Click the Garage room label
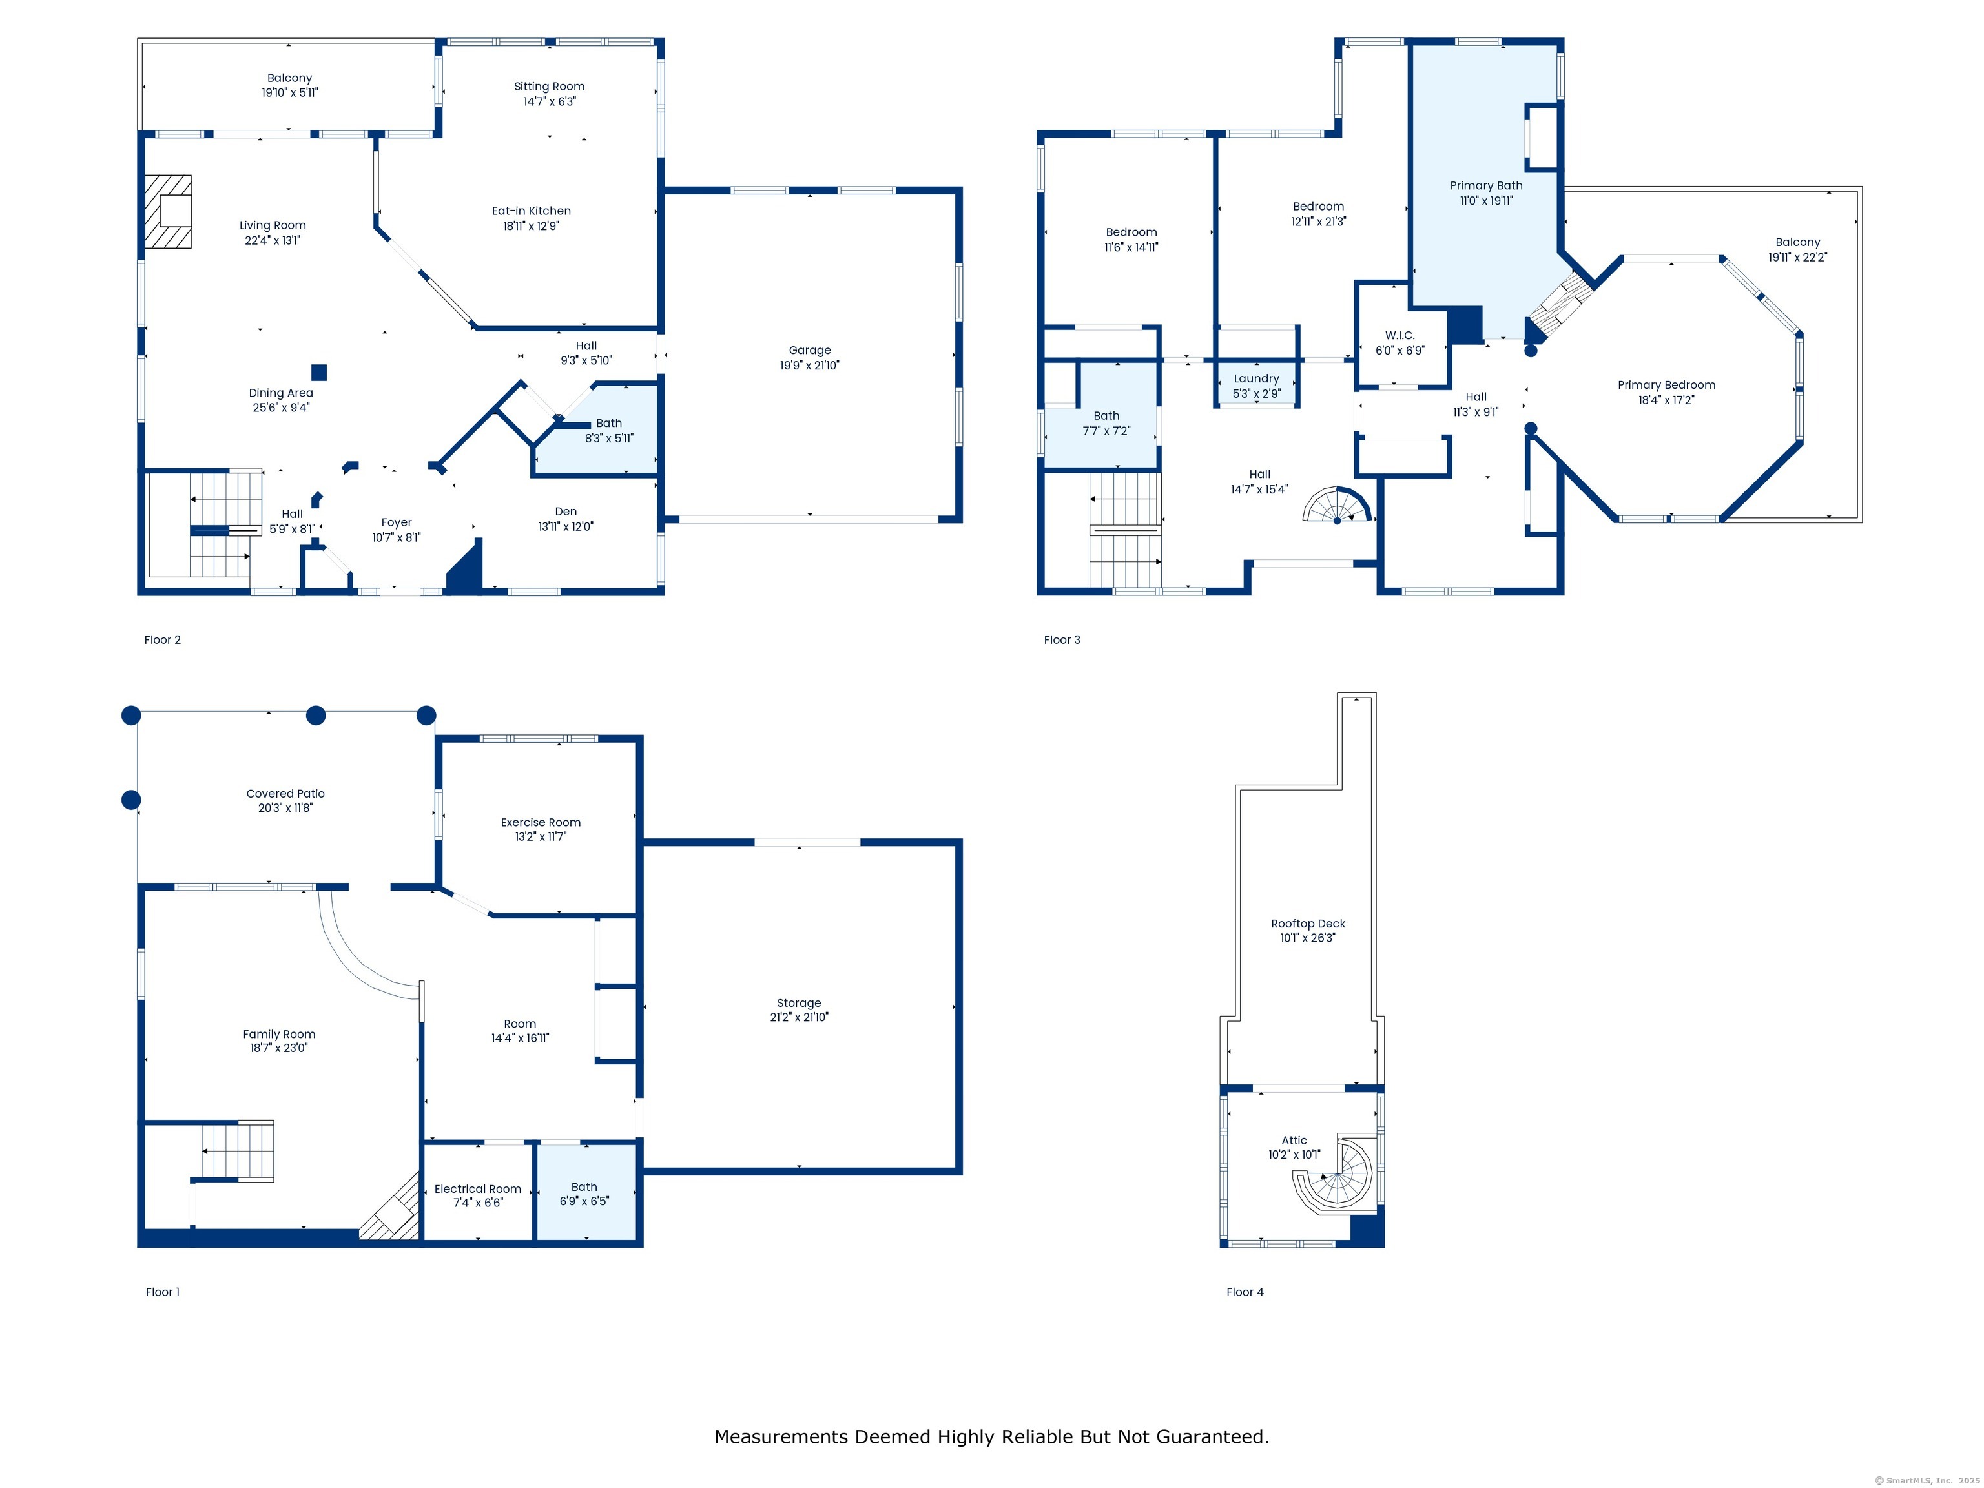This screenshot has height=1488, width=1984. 810,350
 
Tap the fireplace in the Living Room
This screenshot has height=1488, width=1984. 168,212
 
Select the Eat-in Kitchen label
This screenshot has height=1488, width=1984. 531,211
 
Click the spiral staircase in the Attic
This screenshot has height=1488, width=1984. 1336,1174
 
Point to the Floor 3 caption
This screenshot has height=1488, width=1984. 1062,639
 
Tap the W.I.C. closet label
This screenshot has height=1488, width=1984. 1400,335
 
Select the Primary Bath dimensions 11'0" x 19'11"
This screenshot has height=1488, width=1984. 1486,201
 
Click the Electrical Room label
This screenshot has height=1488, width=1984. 478,1188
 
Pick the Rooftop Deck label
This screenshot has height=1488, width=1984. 1308,923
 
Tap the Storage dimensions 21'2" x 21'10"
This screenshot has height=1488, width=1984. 799,1017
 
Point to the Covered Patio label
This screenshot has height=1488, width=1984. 285,794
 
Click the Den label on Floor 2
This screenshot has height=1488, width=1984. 566,512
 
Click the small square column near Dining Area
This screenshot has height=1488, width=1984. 319,372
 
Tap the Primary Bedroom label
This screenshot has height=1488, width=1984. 1666,385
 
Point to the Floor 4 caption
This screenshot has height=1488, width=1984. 1245,1292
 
